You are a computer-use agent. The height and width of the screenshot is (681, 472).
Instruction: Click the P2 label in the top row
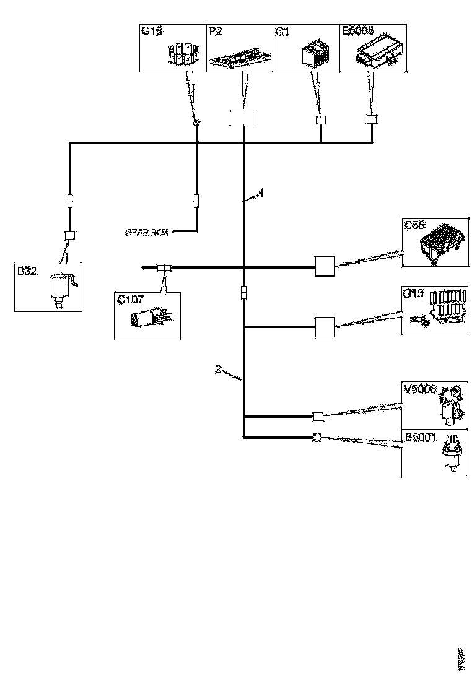[x=215, y=32]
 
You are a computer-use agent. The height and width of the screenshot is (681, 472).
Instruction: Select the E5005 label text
[x=358, y=32]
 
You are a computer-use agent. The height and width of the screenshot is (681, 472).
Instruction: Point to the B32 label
[x=27, y=270]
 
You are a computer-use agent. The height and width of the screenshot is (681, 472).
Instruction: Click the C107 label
[x=131, y=300]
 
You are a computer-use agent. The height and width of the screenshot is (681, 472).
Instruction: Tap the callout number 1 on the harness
[x=261, y=193]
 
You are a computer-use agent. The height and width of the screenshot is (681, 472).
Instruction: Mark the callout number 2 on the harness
[x=217, y=369]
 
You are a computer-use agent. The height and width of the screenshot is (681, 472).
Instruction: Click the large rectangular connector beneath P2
[x=243, y=118]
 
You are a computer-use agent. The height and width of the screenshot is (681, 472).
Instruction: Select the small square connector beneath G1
[x=321, y=120]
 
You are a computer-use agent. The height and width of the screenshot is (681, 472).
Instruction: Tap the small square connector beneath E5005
[x=372, y=119]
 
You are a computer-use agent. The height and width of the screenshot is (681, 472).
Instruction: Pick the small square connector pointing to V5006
[x=317, y=416]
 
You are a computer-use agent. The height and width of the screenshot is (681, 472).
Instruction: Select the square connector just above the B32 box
[x=70, y=235]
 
